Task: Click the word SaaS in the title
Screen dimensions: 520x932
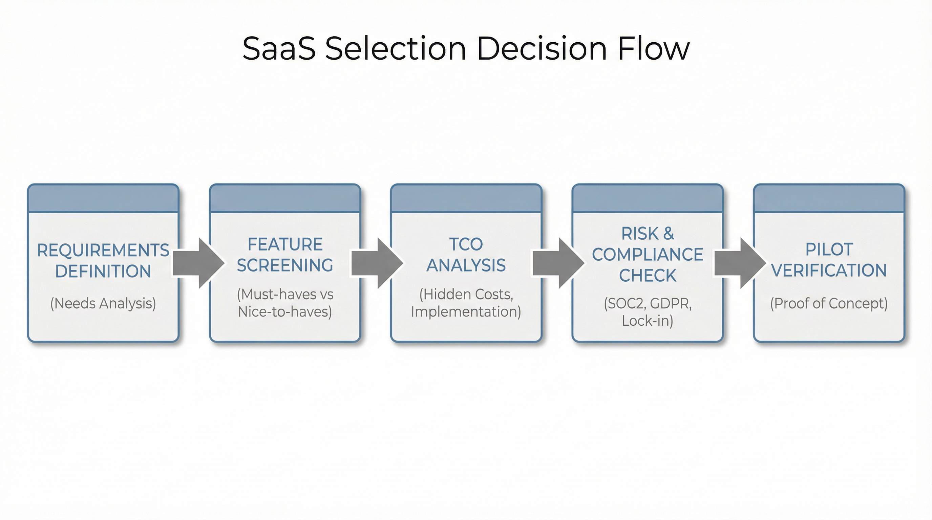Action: coord(279,48)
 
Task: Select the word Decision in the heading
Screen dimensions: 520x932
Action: coord(542,48)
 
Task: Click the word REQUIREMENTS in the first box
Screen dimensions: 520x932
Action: coord(103,250)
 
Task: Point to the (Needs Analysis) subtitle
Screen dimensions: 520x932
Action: coord(103,303)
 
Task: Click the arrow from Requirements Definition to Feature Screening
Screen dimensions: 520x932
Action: coord(198,263)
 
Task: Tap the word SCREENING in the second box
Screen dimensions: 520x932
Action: coord(285,265)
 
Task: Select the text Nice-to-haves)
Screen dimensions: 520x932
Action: coord(285,312)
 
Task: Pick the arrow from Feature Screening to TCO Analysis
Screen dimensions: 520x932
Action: coord(377,263)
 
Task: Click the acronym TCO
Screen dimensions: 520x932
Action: coord(466,244)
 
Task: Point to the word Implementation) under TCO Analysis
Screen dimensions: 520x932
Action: coord(466,312)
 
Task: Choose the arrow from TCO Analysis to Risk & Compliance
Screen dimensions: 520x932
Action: coord(558,263)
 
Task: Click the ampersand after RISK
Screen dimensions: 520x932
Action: coord(668,234)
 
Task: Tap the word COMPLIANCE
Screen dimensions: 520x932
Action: coord(648,255)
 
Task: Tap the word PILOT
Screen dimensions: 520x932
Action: coord(829,250)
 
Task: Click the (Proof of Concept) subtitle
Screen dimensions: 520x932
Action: coord(829,303)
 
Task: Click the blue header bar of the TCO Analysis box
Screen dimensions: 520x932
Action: coord(466,198)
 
